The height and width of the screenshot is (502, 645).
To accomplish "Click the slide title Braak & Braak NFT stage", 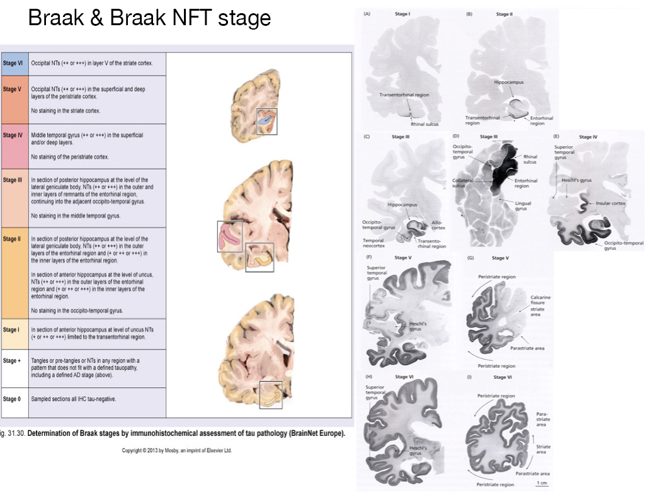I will pyautogui.click(x=149, y=18).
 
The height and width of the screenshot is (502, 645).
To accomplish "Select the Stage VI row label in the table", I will pyautogui.click(x=13, y=64).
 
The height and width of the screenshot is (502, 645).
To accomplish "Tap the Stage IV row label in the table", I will pyautogui.click(x=13, y=135).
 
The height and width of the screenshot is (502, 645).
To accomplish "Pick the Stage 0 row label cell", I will pyautogui.click(x=12, y=399).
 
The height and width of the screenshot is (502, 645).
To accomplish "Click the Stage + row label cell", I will pyautogui.click(x=12, y=361).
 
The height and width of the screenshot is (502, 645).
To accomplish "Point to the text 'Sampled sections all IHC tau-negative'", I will pyautogui.click(x=72, y=399).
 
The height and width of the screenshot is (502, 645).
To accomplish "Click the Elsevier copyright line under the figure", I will pyautogui.click(x=176, y=450).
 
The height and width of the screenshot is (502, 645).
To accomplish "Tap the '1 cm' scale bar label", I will pyautogui.click(x=541, y=483).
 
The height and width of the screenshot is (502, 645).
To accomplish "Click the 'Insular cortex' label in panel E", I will pyautogui.click(x=610, y=204).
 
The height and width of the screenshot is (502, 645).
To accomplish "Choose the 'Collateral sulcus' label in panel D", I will pyautogui.click(x=463, y=181).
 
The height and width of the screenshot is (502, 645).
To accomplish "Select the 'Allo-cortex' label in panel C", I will pyautogui.click(x=438, y=225).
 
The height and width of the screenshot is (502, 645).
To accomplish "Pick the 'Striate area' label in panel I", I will pyautogui.click(x=542, y=449).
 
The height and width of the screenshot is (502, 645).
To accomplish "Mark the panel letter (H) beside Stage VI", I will pyautogui.click(x=368, y=377).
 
